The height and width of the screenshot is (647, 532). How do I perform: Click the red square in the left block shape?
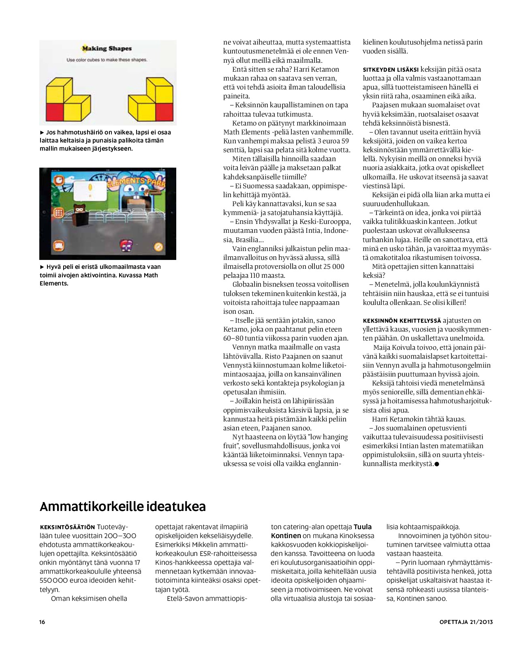(x=55, y=111)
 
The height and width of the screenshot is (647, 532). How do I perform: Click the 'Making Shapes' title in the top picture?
(x=107, y=49)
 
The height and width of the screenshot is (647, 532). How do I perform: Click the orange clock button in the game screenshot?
(x=59, y=180)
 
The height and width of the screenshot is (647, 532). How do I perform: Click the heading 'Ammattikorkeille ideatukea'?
(x=122, y=507)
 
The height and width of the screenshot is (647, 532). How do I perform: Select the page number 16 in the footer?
(x=42, y=622)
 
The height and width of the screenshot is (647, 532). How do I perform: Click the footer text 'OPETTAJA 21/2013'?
(x=466, y=622)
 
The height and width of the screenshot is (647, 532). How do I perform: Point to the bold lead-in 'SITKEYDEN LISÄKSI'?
(x=390, y=70)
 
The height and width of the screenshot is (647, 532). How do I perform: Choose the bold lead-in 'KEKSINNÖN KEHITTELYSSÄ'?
(x=402, y=321)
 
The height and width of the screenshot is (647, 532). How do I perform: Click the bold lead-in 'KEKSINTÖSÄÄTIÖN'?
(x=67, y=527)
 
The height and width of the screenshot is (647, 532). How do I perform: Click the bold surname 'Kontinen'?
(x=286, y=536)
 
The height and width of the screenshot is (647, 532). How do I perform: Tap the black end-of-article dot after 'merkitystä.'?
(x=437, y=464)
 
